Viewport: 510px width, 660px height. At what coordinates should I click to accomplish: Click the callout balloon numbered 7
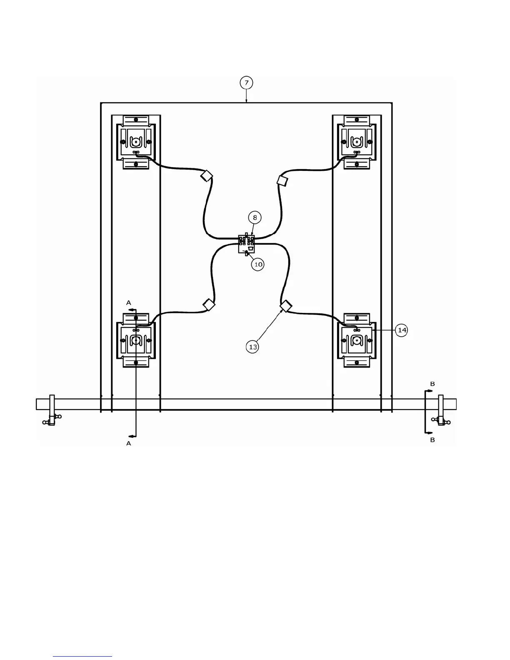pyautogui.click(x=246, y=83)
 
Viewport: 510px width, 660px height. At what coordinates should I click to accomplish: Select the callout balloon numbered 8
pyautogui.click(x=255, y=217)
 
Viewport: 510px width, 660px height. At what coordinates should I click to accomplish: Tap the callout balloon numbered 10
pyautogui.click(x=258, y=264)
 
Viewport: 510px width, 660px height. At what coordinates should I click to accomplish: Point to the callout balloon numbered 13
pyautogui.click(x=253, y=347)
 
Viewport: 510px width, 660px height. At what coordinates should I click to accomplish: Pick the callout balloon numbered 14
pyautogui.click(x=402, y=330)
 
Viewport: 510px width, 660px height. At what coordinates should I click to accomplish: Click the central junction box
pyautogui.click(x=246, y=244)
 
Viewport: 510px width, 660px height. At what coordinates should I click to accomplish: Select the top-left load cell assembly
pyautogui.click(x=136, y=142)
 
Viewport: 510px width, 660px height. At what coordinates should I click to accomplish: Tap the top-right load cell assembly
pyautogui.click(x=357, y=142)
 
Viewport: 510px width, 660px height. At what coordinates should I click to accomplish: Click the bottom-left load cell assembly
pyautogui.click(x=136, y=340)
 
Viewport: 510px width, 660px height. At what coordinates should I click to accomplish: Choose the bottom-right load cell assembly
pyautogui.click(x=357, y=340)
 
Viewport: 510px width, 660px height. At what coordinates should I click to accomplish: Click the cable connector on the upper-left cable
pyautogui.click(x=207, y=175)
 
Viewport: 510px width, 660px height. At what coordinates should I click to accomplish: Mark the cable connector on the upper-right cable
pyautogui.click(x=282, y=180)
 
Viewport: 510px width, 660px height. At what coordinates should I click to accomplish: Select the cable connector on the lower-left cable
pyautogui.click(x=209, y=305)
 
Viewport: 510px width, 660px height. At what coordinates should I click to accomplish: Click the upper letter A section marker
pyautogui.click(x=129, y=302)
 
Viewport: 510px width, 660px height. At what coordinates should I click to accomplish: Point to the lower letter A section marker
pyautogui.click(x=129, y=444)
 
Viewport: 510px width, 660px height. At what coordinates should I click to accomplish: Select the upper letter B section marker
pyautogui.click(x=432, y=384)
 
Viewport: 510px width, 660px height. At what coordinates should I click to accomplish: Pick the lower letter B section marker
pyautogui.click(x=432, y=440)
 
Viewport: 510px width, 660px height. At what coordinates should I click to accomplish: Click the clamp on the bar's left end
pyautogui.click(x=52, y=410)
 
